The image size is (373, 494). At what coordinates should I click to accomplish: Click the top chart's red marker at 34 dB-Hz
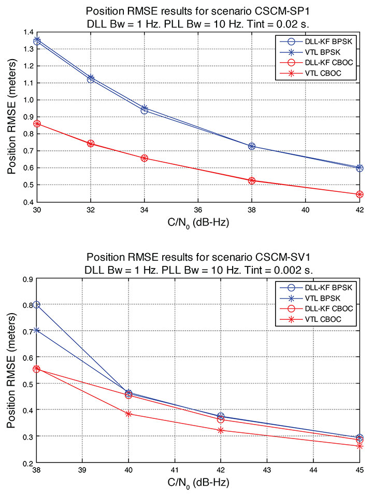click(145, 158)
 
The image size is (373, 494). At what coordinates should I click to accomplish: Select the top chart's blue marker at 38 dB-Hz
click(252, 146)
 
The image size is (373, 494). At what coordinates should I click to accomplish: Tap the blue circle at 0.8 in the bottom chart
click(37, 305)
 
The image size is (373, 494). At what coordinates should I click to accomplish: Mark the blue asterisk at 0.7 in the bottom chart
click(37, 330)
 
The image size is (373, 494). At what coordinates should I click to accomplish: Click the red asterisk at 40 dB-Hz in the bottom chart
click(128, 414)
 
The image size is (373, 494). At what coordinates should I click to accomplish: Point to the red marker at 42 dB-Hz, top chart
click(360, 194)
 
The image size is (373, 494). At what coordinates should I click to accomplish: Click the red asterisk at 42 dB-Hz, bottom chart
click(221, 430)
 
